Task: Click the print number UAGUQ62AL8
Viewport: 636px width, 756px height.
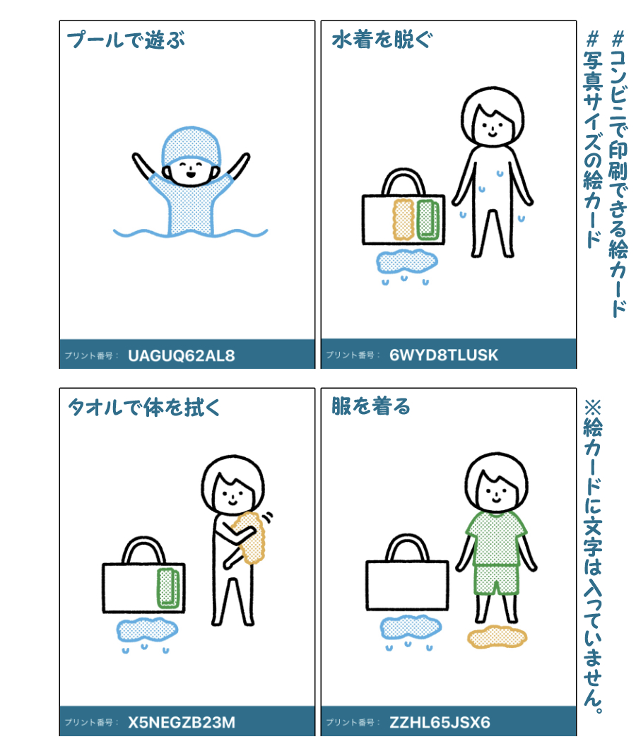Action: coord(182,356)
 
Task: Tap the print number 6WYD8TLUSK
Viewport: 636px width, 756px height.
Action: coord(444,355)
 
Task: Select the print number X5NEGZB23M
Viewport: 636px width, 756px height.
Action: coord(182,722)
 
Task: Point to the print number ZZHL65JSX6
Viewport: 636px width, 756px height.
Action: coord(440,722)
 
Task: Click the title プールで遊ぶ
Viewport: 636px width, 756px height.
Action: coord(126,40)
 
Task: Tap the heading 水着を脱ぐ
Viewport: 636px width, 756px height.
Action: coord(382,39)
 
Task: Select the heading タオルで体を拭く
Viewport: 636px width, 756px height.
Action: coord(143,407)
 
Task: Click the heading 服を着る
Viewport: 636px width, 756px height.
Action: coord(371,406)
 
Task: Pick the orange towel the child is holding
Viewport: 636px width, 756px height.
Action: coord(249,538)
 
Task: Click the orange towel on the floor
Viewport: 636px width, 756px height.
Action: coord(497,637)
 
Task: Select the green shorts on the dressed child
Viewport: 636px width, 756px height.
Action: coord(496,580)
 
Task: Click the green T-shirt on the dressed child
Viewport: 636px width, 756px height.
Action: coord(496,538)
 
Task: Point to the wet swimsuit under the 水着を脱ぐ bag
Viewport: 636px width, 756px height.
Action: coord(407,262)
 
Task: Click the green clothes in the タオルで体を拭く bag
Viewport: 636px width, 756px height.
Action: coord(168,588)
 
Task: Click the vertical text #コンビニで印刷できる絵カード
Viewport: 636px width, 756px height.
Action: coord(618,174)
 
